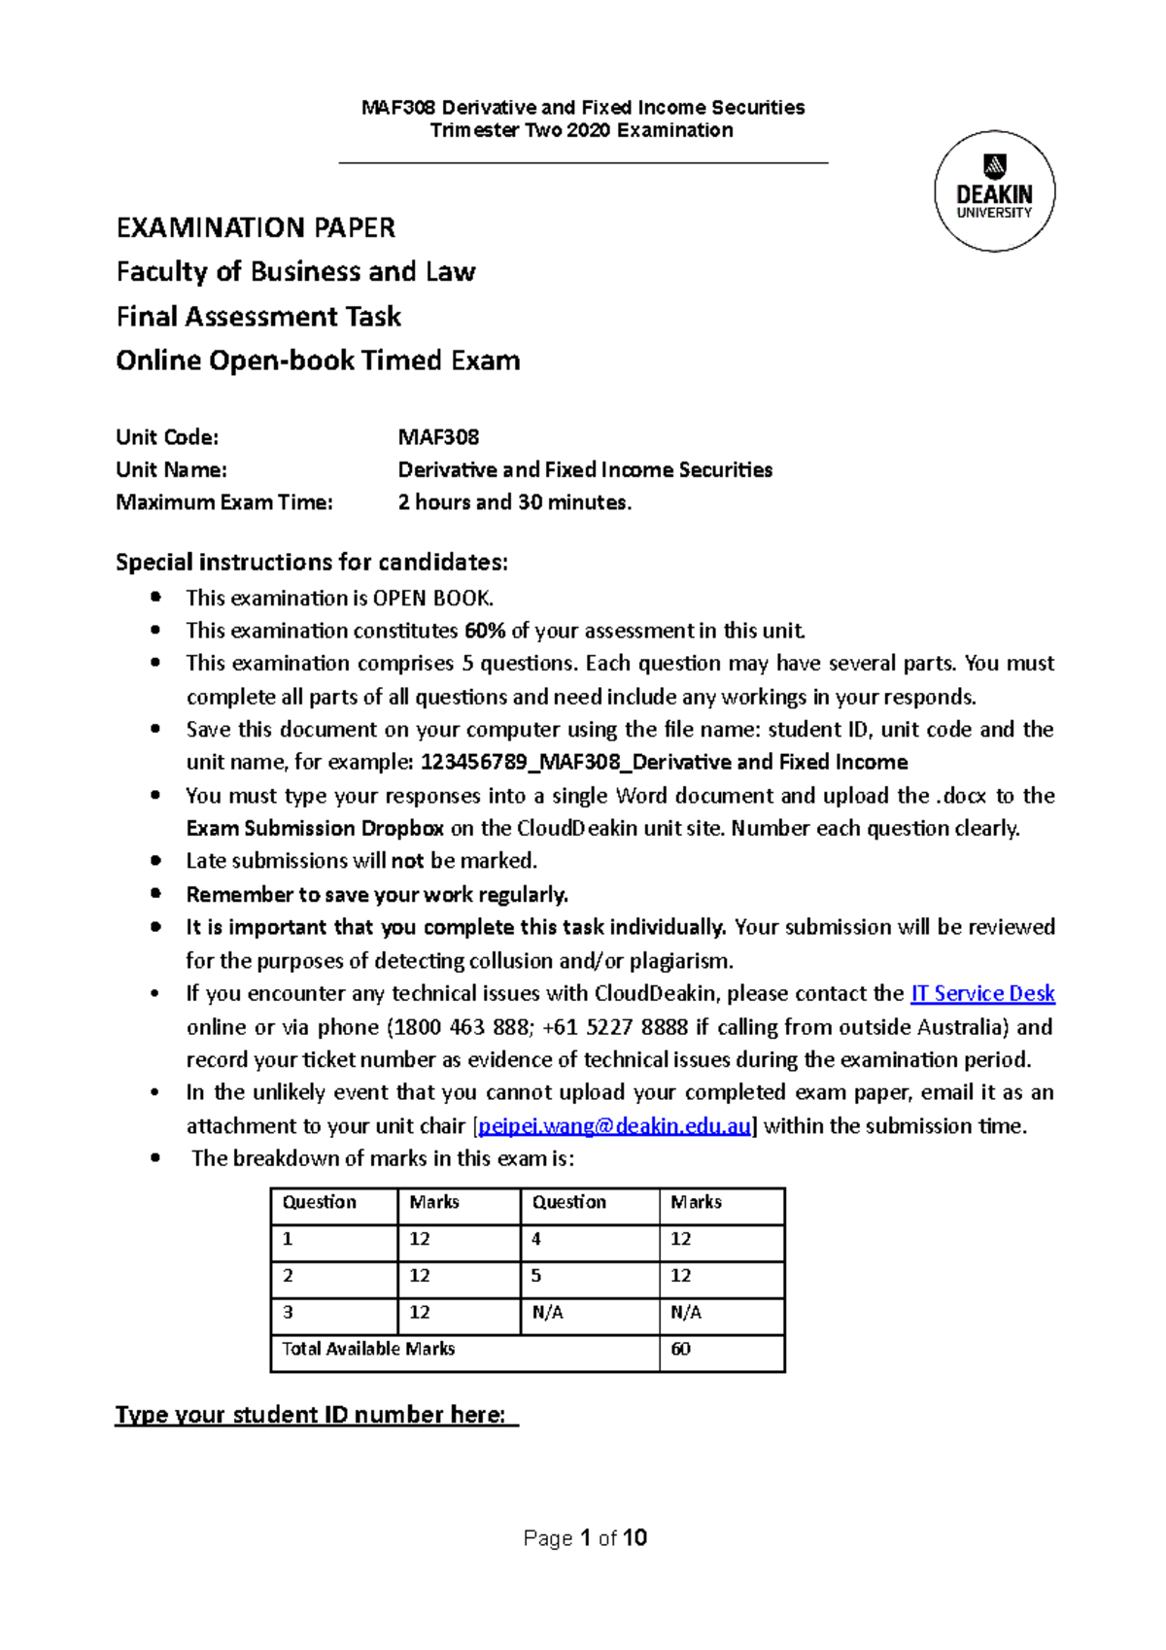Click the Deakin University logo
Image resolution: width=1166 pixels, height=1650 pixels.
(994, 191)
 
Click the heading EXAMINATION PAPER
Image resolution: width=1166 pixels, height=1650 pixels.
(256, 228)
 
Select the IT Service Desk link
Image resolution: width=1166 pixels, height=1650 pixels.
(982, 993)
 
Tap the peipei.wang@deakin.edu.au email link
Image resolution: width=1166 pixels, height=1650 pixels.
(615, 1126)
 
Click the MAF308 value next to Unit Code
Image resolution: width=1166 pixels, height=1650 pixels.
(438, 437)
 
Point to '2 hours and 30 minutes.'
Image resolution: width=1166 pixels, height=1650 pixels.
(514, 502)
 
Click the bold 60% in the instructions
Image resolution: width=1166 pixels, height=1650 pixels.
(485, 631)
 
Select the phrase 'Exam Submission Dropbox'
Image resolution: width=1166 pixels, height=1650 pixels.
(315, 829)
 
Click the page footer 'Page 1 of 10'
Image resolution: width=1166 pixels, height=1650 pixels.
(584, 1538)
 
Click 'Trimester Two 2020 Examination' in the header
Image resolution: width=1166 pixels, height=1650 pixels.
(582, 131)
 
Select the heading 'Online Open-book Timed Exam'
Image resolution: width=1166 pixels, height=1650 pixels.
(318, 361)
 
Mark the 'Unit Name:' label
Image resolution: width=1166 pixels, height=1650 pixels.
(171, 470)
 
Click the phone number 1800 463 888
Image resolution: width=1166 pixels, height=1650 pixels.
(461, 1027)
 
